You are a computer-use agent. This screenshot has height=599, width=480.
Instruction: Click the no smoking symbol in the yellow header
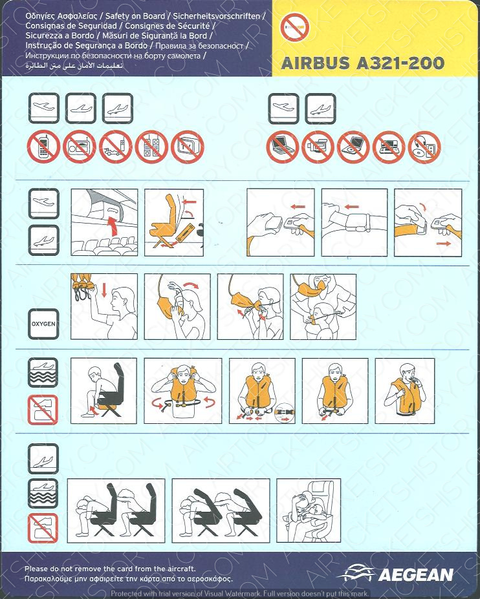294,27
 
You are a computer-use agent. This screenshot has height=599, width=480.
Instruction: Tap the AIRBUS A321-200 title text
362,63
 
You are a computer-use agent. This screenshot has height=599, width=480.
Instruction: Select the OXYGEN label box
43,324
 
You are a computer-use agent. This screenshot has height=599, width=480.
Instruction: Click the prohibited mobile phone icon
43,147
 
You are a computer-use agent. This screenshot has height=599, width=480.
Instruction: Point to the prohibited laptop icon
283,147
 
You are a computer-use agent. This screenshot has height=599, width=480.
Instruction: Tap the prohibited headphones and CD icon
424,147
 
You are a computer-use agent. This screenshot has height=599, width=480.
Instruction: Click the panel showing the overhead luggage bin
104,222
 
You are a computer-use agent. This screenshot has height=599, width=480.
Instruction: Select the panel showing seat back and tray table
174,222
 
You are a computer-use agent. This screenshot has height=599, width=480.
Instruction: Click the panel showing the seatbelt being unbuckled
428,222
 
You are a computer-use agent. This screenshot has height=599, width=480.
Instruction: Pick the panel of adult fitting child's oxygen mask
323,307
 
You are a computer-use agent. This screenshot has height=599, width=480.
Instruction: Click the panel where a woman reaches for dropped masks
104,307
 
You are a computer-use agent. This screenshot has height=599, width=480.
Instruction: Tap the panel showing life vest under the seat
104,391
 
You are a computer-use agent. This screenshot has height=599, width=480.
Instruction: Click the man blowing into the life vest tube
405,391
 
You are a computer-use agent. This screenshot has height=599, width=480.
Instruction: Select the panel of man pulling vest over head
183,391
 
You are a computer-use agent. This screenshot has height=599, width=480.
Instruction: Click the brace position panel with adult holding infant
309,510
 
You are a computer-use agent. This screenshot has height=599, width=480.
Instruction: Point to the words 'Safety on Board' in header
135,16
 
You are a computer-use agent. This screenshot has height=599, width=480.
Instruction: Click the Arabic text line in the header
74,66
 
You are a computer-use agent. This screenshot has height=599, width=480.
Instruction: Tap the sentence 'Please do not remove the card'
110,569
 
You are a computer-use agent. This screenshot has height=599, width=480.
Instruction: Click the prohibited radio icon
80,147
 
